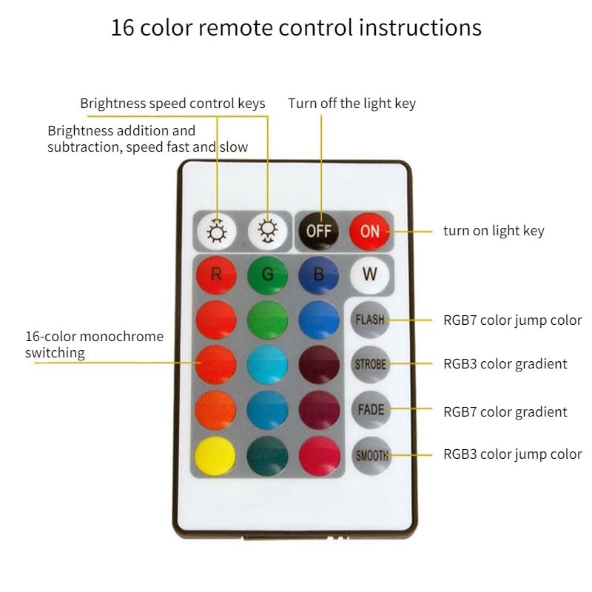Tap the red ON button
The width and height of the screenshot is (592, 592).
click(x=369, y=231)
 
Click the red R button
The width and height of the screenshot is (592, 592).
click(x=216, y=275)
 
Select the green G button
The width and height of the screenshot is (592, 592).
click(x=267, y=275)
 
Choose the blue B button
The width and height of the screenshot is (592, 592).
click(x=319, y=275)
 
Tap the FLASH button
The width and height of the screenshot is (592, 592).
click(x=370, y=320)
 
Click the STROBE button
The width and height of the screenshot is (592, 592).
click(x=371, y=364)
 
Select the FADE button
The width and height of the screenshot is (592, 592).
click(x=371, y=409)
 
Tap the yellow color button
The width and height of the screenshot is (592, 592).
click(x=215, y=456)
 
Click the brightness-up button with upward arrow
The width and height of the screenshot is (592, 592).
click(x=217, y=231)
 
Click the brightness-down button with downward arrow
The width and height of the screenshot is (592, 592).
click(x=268, y=231)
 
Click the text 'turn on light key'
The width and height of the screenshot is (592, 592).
click(x=494, y=231)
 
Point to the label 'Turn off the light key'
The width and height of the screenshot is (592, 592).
click(x=352, y=103)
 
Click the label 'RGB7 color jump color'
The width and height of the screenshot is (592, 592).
click(x=512, y=320)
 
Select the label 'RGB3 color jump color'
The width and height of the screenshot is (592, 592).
click(x=512, y=454)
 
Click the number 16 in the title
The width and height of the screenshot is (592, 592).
click(x=122, y=27)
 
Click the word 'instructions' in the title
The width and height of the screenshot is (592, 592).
click(x=420, y=27)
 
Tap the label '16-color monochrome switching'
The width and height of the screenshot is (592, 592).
click(x=95, y=344)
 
